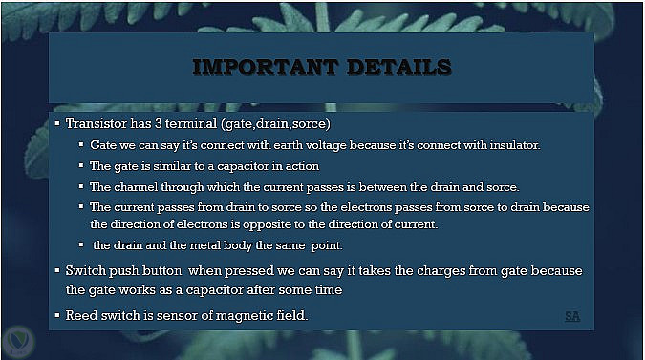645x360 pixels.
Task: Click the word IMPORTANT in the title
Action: (x=266, y=68)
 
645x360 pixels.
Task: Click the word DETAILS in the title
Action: (x=399, y=68)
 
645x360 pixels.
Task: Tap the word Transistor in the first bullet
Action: (x=97, y=123)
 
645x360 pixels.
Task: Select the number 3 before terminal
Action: (x=159, y=123)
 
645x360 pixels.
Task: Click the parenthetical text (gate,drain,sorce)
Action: (x=275, y=124)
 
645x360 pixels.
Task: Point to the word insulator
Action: (x=515, y=145)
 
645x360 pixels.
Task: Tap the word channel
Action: (x=136, y=187)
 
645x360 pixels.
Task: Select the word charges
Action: (x=441, y=271)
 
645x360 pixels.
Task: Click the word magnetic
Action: (x=244, y=316)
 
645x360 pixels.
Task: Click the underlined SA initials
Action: (x=572, y=316)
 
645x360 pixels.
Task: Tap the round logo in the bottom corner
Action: (x=18, y=342)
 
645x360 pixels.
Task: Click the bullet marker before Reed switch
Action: (x=57, y=315)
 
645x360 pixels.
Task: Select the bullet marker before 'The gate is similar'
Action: (x=81, y=165)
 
